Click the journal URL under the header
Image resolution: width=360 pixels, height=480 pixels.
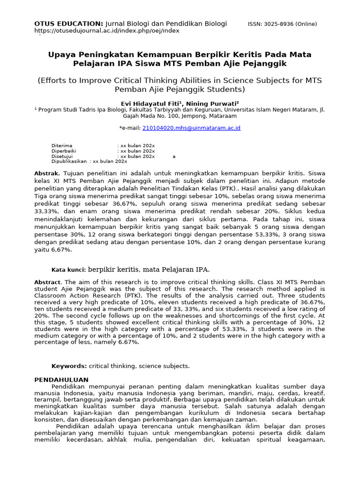pos(107,31)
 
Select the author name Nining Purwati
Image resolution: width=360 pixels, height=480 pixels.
pos(213,104)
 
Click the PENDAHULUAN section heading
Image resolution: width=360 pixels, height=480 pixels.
pos(61,379)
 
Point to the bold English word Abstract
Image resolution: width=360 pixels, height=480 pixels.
pos(48,282)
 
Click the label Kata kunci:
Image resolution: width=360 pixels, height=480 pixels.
pos(68,270)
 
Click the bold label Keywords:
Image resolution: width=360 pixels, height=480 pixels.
pos(69,366)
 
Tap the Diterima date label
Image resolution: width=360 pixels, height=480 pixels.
pos(62,146)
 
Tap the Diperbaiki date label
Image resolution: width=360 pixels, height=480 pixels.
pos(64,151)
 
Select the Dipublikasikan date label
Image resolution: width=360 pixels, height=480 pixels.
pos(69,161)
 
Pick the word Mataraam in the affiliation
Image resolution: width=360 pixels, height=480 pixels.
pos(221,116)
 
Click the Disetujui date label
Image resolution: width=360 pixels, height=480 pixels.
pos(63,156)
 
